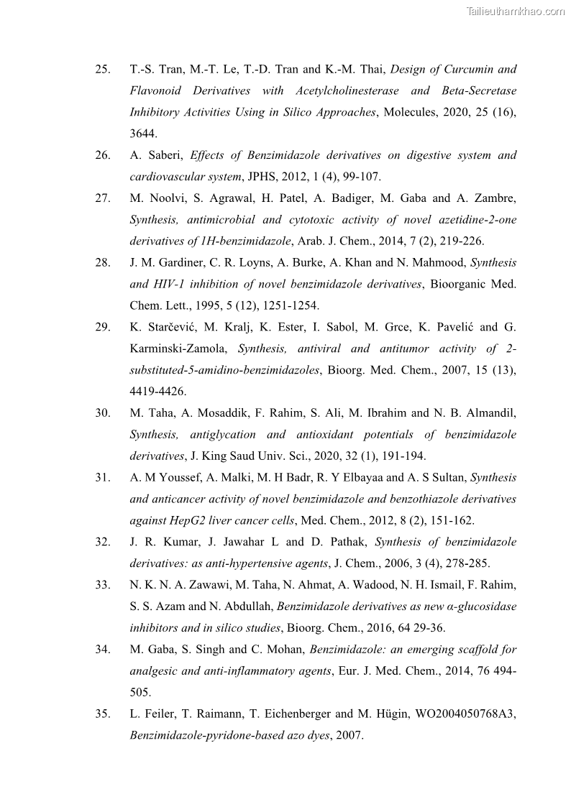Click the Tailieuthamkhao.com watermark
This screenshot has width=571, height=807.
(516, 11)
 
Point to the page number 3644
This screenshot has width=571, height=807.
(144, 134)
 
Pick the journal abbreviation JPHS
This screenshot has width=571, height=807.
(257, 177)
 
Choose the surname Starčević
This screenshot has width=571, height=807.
(168, 327)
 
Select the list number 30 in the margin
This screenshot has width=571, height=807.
(102, 412)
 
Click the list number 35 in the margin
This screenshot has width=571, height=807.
(102, 714)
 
